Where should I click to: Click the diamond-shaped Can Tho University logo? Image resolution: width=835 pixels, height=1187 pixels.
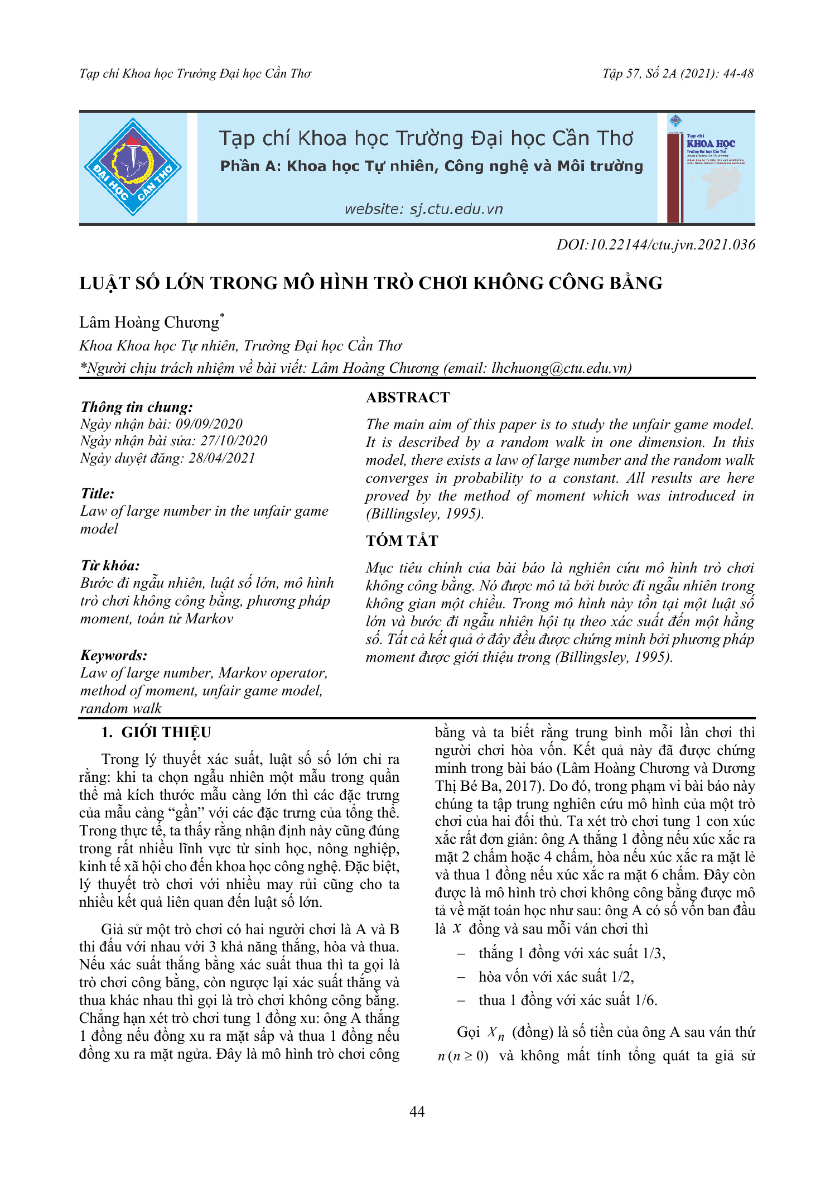133,167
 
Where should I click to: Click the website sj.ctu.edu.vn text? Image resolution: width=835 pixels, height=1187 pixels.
423,209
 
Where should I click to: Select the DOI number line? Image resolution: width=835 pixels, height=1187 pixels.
655,244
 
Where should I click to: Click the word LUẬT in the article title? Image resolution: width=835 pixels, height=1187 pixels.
106,283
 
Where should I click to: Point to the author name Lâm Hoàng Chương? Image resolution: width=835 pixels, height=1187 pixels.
149,323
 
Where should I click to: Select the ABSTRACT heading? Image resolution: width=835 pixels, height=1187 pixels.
408,397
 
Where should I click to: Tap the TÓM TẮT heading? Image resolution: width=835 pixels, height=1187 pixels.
402,540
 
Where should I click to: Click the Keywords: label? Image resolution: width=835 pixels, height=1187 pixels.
114,655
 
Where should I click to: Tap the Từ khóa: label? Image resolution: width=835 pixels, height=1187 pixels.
110,565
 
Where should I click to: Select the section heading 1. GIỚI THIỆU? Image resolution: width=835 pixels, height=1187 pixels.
156,732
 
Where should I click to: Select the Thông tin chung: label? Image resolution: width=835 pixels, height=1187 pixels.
137,407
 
